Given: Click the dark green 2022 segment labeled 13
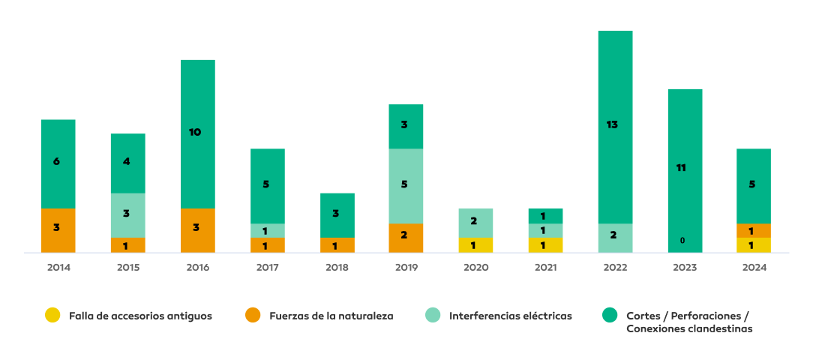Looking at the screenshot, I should (615, 126).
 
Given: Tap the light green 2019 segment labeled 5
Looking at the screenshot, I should (406, 185).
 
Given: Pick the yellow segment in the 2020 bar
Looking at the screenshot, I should (475, 245).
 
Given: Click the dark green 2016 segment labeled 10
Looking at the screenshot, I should (197, 133).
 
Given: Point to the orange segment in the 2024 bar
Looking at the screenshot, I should (754, 230).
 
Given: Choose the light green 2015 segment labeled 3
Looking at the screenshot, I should (127, 215).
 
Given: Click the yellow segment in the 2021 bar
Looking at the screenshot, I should (545, 245).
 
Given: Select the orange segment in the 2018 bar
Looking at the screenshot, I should (337, 245).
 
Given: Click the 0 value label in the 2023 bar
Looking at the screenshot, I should (682, 241).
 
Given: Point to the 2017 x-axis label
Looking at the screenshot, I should (267, 267).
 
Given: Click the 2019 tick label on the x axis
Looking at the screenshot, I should (406, 267).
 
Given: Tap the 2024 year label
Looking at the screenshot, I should (754, 267).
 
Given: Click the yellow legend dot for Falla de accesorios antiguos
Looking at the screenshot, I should (52, 316).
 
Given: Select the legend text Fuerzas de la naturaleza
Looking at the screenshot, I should (331, 316).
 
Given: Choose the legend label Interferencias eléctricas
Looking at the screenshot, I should (510, 316).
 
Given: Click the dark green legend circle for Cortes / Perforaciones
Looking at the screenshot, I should (610, 316).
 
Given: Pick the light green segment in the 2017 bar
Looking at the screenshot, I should (267, 230).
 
